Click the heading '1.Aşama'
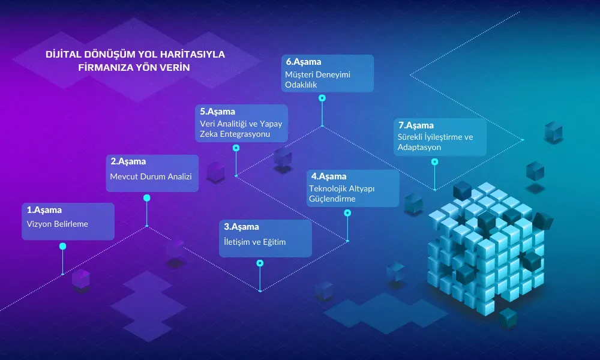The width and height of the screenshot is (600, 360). [44, 210]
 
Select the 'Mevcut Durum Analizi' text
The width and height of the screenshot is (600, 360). [150, 176]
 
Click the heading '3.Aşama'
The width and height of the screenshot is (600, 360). [241, 227]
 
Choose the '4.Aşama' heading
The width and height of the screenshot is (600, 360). [328, 176]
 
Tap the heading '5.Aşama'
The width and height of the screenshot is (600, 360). [217, 111]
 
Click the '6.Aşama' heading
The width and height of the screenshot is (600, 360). [304, 61]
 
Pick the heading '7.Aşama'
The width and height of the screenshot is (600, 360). [415, 125]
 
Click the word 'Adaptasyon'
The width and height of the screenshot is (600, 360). [419, 147]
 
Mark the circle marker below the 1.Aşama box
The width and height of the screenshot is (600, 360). [62, 246]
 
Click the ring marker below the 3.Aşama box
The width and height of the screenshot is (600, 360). [260, 263]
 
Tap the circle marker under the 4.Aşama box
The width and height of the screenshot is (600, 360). [347, 212]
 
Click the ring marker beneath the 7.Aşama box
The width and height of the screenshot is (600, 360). [434, 161]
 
